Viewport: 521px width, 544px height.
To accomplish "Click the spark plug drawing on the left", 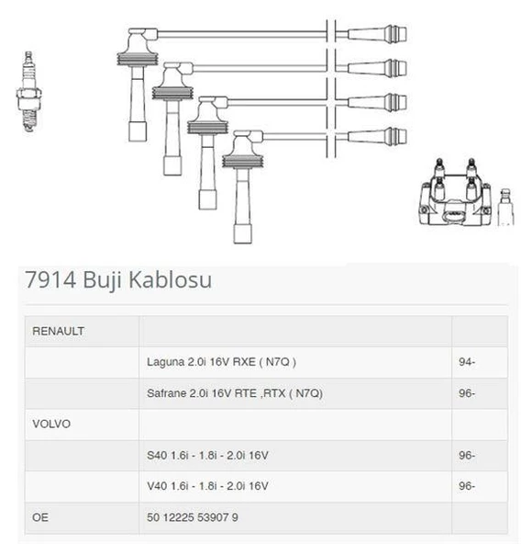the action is point(28,92).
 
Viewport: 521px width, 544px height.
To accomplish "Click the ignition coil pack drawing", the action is point(456,192).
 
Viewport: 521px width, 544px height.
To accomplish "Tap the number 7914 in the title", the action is point(50,279).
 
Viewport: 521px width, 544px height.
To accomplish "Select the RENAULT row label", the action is point(58,331).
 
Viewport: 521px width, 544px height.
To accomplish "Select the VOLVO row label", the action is point(51,424).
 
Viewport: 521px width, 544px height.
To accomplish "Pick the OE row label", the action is point(40,517).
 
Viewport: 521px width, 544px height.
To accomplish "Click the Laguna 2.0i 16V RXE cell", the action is point(221,362).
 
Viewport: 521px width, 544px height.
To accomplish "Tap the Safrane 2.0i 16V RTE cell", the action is point(235,393).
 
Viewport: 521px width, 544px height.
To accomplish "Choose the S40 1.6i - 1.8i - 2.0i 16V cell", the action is point(207,455).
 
